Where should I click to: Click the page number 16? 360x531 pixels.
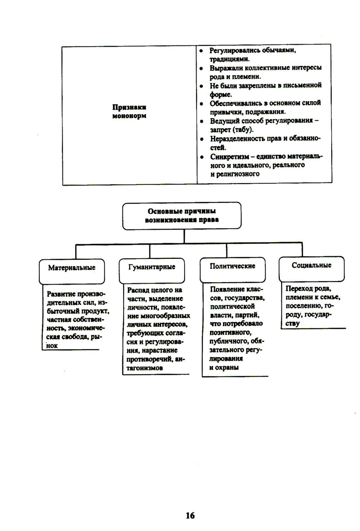(190, 516)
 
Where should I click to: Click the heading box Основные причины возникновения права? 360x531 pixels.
(182, 215)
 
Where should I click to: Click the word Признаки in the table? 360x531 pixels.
(129, 107)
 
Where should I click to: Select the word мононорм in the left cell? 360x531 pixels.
(129, 116)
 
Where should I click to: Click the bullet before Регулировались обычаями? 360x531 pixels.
(202, 51)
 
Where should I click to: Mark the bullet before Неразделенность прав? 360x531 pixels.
(202, 139)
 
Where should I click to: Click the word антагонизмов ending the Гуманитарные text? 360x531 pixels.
(144, 368)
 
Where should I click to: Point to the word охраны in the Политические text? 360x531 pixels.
(228, 368)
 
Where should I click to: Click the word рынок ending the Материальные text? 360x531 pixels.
(52, 346)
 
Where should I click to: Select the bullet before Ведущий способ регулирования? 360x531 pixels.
(202, 122)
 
